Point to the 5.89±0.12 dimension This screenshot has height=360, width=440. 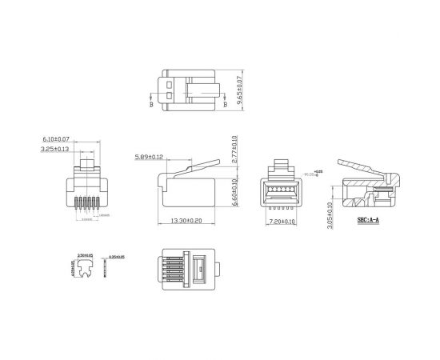pos(150,156)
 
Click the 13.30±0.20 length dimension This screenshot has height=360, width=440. pos(186,222)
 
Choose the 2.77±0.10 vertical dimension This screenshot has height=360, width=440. pos(234,150)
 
